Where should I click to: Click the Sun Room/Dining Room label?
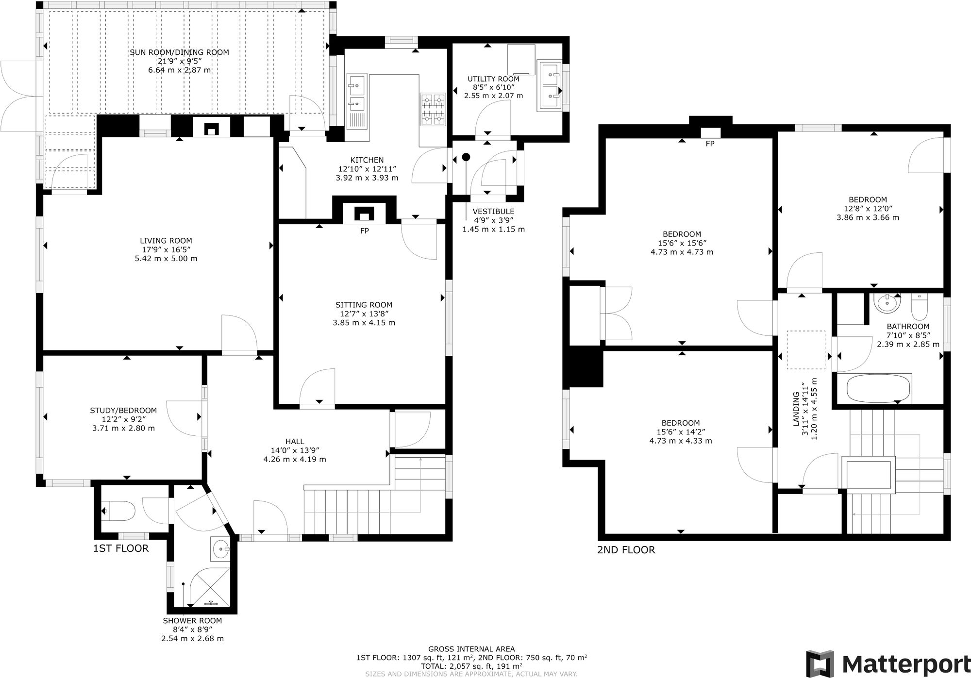point(179,52)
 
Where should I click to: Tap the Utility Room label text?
point(493,79)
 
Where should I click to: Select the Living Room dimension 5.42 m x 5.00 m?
point(166,258)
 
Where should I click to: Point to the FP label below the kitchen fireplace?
point(364,231)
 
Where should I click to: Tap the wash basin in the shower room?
point(221,549)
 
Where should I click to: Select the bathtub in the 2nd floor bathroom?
point(879,389)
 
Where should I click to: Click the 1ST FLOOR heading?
point(121,548)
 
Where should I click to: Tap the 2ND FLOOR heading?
point(626,550)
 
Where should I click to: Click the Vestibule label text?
point(493,212)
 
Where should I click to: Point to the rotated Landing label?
point(796,409)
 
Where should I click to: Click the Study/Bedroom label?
point(123,411)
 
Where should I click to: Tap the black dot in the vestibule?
point(466,157)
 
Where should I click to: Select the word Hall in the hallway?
point(295,441)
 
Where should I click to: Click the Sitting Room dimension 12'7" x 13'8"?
point(364,314)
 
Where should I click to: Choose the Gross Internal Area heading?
point(471,649)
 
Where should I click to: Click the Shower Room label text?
point(192,621)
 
